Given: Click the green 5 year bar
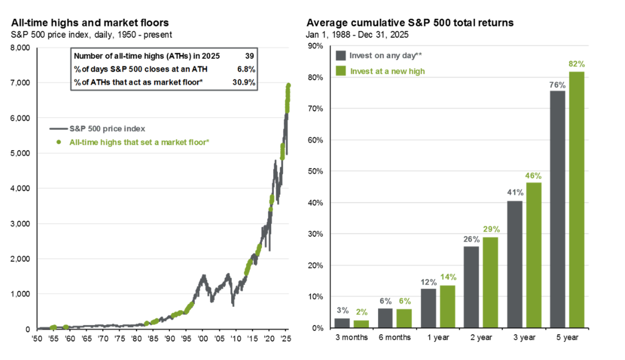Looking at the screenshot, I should [577, 200].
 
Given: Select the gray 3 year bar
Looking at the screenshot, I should [515, 264].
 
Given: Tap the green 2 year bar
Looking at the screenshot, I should [490, 283].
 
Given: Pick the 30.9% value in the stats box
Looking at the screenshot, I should [245, 82].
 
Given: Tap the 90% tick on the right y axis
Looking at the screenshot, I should [316, 46].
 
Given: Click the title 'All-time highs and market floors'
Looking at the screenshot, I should [90, 23].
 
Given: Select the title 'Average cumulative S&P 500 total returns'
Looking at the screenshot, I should [410, 23].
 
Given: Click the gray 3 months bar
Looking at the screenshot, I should [342, 323].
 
